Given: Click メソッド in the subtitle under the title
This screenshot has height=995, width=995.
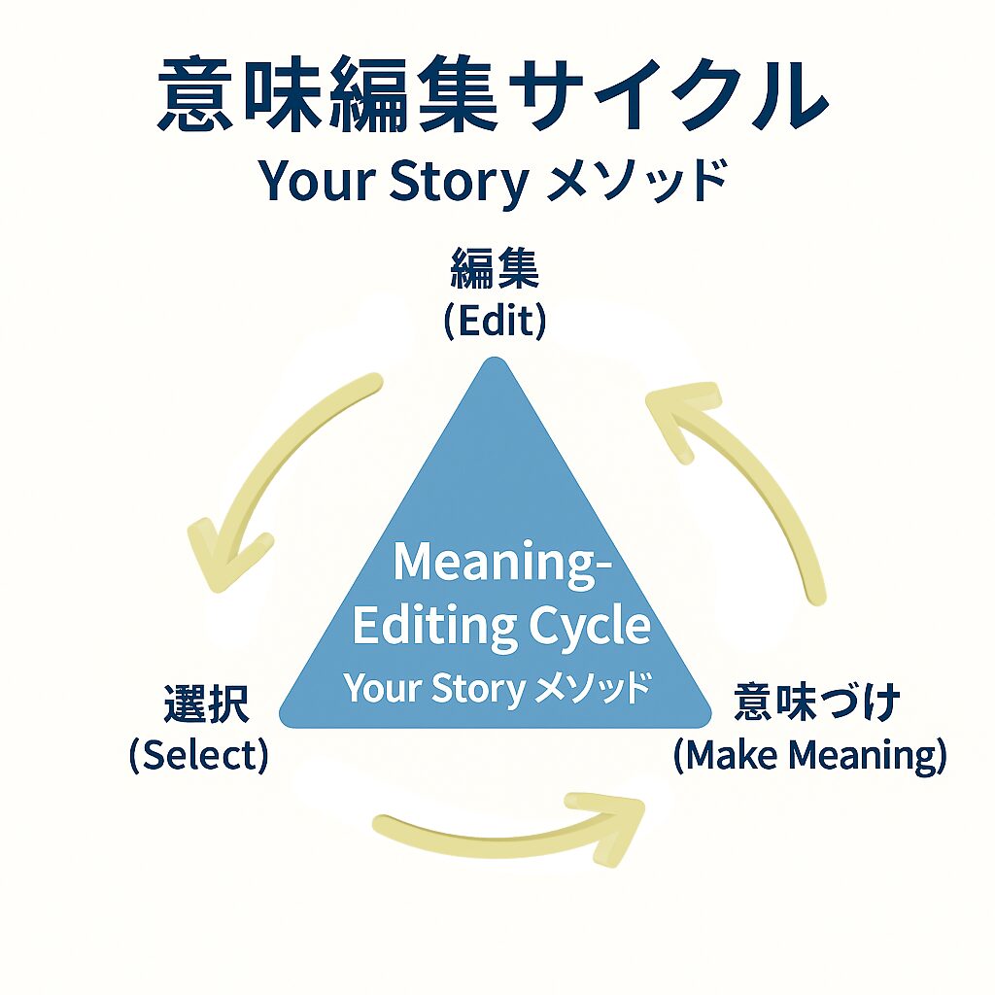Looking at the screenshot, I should tap(635, 182).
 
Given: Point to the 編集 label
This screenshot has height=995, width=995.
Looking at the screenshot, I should tap(495, 270).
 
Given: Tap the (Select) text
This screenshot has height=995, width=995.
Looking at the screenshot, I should tap(198, 755).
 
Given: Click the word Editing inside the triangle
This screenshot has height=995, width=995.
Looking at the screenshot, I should tap(431, 627).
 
